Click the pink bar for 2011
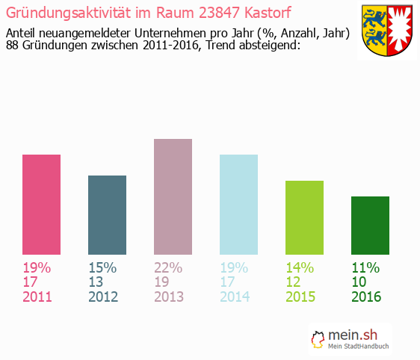point(41,205)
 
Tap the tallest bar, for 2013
point(173,198)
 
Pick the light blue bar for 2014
point(238,205)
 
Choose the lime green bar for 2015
point(304,218)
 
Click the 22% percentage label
point(167,267)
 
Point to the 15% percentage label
point(102,267)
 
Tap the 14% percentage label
point(299,267)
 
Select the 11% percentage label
point(365,267)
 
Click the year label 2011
point(38,297)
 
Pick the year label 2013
point(170,297)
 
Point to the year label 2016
point(367,297)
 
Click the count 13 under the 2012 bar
point(96,282)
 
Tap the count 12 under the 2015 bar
point(294,282)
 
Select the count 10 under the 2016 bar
point(359,282)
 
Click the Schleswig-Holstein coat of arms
point(386,31)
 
